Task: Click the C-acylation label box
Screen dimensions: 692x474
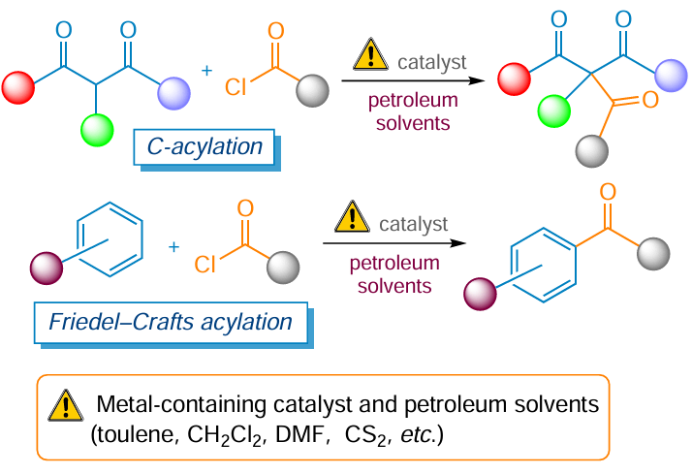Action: click(x=204, y=147)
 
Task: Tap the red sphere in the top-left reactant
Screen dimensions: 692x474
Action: click(x=18, y=88)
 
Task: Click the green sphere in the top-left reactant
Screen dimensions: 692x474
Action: click(x=97, y=130)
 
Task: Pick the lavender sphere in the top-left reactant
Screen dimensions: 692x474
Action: click(x=174, y=93)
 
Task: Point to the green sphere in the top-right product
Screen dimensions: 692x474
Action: click(x=553, y=111)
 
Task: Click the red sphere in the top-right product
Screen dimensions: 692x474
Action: click(x=514, y=79)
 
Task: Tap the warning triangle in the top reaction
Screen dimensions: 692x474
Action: click(x=370, y=54)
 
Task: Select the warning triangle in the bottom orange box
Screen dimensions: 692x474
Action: click(x=65, y=405)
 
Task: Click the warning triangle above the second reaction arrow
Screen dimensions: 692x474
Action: click(x=352, y=217)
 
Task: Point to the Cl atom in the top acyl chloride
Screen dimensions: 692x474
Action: click(x=236, y=87)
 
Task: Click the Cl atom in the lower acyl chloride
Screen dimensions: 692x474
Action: click(x=204, y=265)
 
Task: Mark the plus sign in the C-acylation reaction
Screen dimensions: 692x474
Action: click(x=206, y=71)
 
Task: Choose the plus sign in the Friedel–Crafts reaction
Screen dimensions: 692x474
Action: click(x=173, y=247)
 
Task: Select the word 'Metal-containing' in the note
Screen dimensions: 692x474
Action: click(x=181, y=404)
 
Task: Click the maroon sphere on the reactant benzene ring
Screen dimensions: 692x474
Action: click(x=47, y=269)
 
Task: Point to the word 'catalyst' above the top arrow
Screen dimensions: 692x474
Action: click(x=432, y=63)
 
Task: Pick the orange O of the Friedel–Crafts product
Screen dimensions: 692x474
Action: click(x=608, y=193)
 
